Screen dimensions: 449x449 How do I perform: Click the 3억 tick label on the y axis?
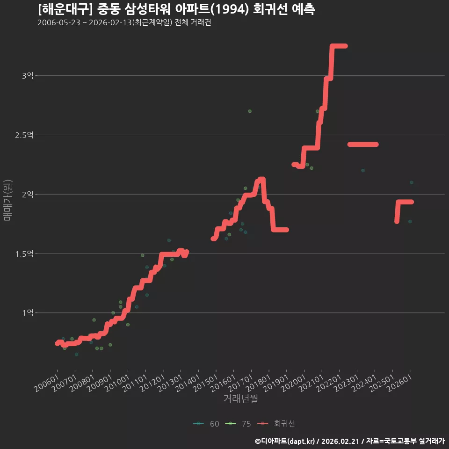[28, 76]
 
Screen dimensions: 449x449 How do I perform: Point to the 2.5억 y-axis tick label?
[24, 135]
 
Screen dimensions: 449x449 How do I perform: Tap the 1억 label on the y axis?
[28, 313]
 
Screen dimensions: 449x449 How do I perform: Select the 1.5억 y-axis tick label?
[24, 253]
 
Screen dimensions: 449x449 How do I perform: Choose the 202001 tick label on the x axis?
[294, 383]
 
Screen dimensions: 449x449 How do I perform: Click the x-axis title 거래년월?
[240, 398]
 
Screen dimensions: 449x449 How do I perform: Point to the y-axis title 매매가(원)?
[8, 200]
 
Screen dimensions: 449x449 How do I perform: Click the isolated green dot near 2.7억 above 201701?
[250, 111]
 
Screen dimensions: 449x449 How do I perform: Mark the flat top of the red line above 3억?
[339, 46]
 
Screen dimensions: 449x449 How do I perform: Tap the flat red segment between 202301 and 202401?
[363, 145]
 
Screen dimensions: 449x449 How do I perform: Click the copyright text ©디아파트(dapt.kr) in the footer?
[285, 441]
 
